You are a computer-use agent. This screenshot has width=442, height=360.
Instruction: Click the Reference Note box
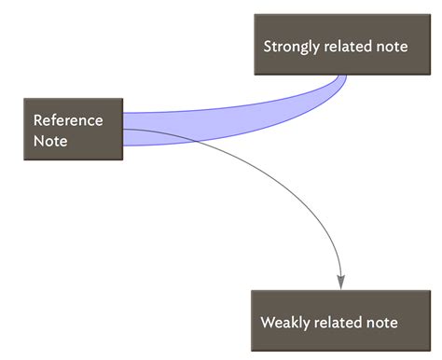pos(74,130)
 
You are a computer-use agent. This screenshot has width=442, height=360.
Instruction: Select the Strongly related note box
pos(335,45)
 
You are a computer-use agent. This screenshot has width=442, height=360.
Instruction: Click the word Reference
pos(68,120)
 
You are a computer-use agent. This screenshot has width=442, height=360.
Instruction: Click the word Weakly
pos(283,323)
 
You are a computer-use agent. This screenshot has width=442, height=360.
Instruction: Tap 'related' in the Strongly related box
pos(350,46)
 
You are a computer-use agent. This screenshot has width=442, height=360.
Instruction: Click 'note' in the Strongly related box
pos(393,46)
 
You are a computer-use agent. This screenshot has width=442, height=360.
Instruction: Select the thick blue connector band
pos(233,122)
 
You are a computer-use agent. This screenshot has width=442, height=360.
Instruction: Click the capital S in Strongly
pos(268,46)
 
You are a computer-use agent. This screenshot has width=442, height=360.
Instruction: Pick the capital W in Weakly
pos(268,323)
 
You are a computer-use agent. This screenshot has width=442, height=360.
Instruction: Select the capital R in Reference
pos(38,120)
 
